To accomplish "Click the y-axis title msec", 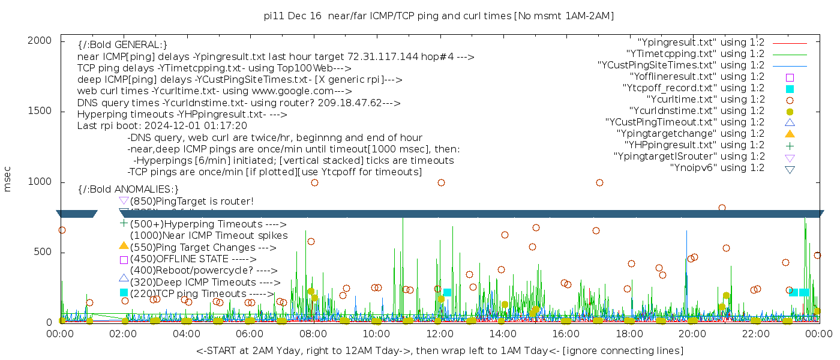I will click(8, 179).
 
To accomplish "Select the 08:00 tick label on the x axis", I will click(313, 334).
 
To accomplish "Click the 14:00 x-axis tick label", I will click(502, 334).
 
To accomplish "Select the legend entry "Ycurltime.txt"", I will click(706, 99).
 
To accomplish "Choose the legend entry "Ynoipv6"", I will click(718, 167).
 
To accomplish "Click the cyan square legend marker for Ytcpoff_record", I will click(790, 88).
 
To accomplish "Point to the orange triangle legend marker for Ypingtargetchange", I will click(790, 133).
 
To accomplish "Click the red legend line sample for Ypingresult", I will click(790, 43).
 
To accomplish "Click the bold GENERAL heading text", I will click(122, 45).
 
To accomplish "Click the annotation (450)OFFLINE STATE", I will click(179, 259).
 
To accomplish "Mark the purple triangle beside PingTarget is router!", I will click(124, 200).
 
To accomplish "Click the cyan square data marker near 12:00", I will click(447, 293).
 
